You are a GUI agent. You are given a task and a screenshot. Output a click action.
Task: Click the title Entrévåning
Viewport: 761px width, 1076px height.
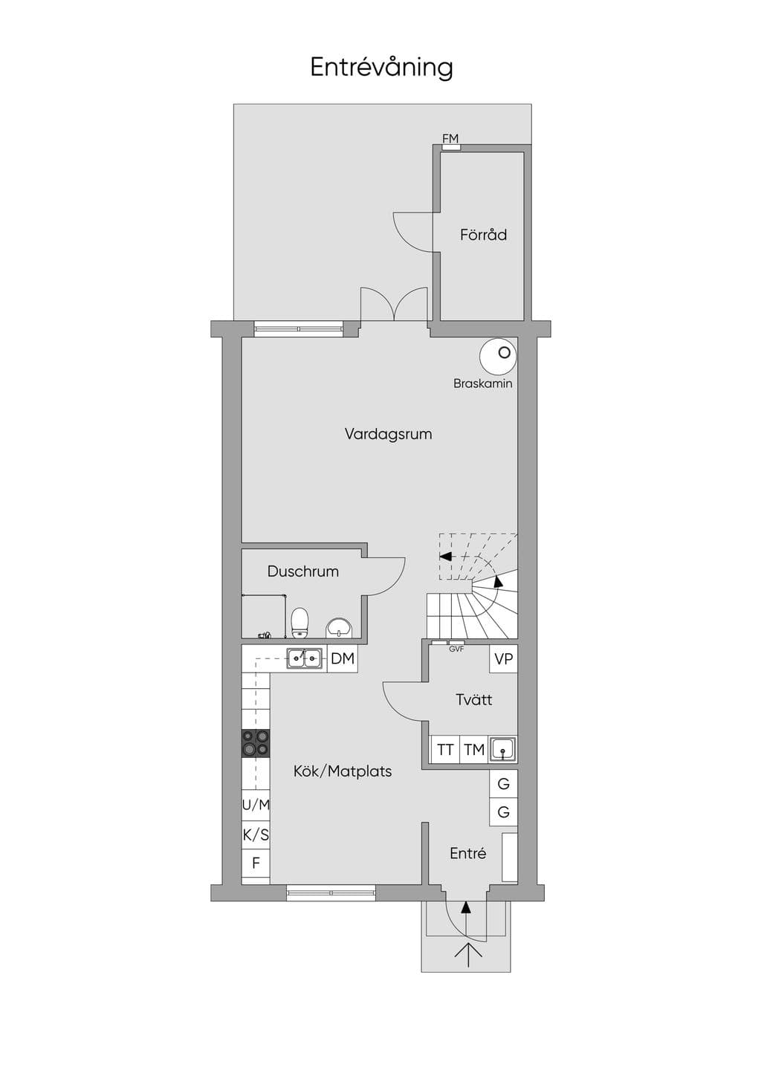point(381,67)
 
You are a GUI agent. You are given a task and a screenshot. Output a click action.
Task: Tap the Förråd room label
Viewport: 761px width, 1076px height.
point(483,234)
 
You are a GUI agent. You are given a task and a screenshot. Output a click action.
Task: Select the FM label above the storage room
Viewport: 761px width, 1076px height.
point(450,139)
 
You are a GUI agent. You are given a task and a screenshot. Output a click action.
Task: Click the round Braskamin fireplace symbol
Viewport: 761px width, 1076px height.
point(498,356)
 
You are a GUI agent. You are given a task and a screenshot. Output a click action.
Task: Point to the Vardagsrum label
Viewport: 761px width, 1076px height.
point(388,434)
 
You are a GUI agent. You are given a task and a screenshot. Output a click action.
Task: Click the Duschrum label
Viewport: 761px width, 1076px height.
point(303,571)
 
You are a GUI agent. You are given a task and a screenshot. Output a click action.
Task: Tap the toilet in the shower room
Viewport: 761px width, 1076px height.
point(299,623)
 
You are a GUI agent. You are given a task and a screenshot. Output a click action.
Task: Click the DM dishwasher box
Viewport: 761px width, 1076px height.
point(343,658)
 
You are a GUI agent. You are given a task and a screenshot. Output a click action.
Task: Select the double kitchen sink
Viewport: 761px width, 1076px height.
point(305,658)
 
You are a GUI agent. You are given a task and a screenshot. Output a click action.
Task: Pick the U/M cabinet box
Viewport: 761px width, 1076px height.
point(256,805)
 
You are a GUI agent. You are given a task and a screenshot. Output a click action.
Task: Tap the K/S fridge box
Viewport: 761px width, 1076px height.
point(256,834)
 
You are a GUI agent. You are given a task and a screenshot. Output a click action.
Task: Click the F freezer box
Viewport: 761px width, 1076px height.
point(256,863)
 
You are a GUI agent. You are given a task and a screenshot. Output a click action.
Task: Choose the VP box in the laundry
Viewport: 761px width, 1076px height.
point(503,658)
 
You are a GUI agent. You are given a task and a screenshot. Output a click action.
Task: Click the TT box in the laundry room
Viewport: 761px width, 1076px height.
point(445,749)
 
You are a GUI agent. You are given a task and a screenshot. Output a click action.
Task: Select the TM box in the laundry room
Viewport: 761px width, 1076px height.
point(474,749)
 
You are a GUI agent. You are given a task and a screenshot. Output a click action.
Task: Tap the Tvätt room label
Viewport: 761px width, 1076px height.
point(473,699)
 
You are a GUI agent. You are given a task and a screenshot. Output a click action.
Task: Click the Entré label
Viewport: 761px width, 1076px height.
point(468,854)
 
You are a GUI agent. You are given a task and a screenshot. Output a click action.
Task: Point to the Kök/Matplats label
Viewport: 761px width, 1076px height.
point(343,771)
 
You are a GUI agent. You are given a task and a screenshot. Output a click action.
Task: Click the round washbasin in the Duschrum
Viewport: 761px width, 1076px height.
point(339,628)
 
